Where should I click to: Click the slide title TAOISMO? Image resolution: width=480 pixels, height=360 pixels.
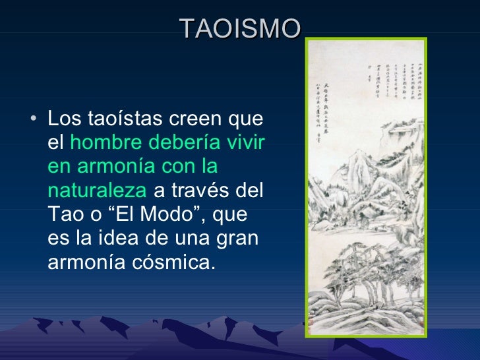[x=240, y=28]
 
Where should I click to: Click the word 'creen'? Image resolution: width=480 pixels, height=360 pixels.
[x=189, y=121]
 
